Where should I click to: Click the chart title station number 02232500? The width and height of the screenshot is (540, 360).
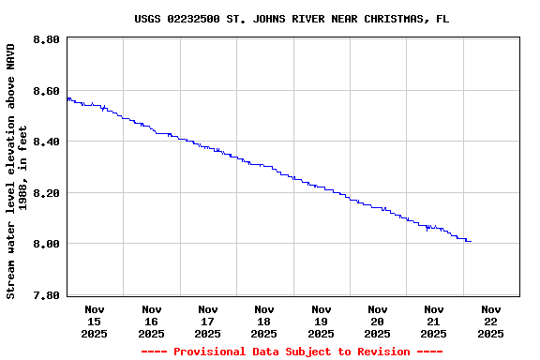[x=193, y=19]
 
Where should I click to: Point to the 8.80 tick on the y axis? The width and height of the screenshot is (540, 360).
[x=46, y=40]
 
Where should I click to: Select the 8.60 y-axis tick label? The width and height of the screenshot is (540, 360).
[x=46, y=91]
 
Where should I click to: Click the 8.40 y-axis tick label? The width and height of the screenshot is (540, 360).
[x=46, y=142]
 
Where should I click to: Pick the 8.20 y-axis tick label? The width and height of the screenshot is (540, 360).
[x=46, y=193]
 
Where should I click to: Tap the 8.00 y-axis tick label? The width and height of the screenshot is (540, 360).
[x=46, y=244]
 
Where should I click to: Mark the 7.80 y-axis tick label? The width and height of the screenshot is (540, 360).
[x=46, y=294]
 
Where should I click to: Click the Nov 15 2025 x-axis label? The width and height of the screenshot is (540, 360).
[x=95, y=321]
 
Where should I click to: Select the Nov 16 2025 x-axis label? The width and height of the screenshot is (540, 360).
[x=151, y=321]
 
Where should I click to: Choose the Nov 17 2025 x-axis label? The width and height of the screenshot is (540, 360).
[x=208, y=321]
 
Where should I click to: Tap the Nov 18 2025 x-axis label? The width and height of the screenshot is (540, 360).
[x=264, y=321]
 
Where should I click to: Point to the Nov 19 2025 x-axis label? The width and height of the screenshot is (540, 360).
[x=321, y=321]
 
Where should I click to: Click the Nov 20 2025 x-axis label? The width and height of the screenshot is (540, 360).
[x=378, y=321]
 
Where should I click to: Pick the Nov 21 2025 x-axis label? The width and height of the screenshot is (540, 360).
[x=434, y=321]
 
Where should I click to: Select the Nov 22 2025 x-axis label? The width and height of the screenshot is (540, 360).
[x=490, y=321]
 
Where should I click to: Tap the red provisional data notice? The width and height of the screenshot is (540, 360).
[x=292, y=352]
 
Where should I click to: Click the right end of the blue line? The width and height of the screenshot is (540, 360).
[x=470, y=241]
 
